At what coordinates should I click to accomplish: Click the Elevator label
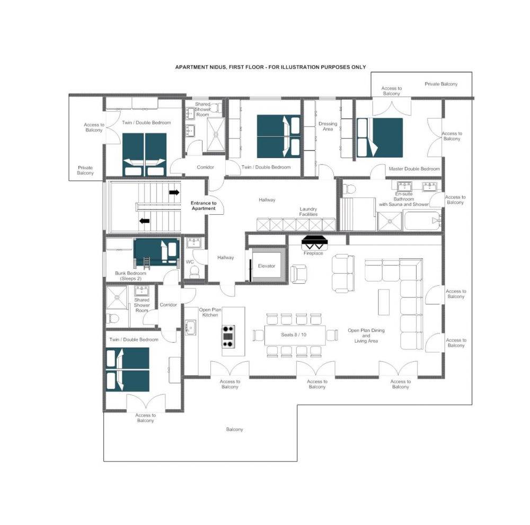coord(267,266)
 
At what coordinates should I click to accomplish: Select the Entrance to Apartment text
coord(204,206)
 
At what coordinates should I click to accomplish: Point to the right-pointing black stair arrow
coord(174,192)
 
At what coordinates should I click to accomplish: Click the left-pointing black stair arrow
coord(145,221)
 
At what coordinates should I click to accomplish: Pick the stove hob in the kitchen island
coord(228,336)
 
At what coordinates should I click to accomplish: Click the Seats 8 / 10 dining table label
coord(294,335)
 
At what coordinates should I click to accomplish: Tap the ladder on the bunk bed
coord(147,262)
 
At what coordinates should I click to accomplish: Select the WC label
coord(190,262)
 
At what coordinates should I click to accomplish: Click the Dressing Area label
coord(328,126)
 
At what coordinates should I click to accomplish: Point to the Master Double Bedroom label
coord(414,169)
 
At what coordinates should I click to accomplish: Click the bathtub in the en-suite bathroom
coord(422,221)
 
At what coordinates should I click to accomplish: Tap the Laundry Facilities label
coord(308,212)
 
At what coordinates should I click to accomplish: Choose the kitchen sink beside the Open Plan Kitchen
coord(190,327)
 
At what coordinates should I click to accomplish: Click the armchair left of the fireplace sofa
coord(299,273)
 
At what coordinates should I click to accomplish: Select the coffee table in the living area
coord(384,302)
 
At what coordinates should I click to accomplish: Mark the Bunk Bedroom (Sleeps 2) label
coord(130,276)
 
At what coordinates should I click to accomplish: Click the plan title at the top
coord(270,67)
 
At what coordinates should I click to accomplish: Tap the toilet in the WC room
coord(195,272)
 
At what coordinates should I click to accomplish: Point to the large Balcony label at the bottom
coord(235,429)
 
